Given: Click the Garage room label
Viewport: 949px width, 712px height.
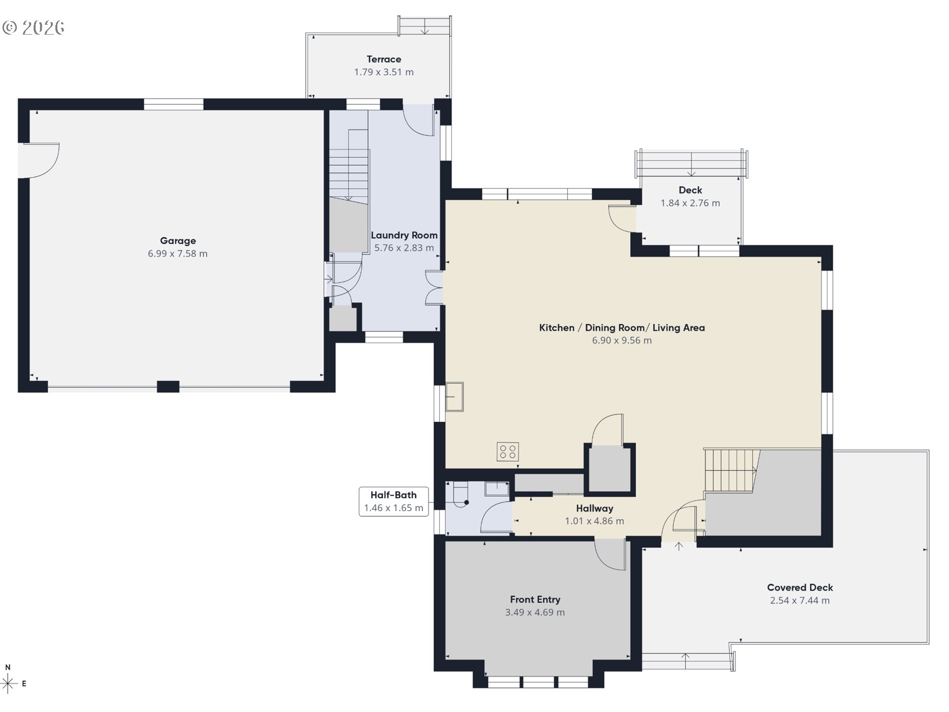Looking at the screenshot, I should click(x=178, y=241).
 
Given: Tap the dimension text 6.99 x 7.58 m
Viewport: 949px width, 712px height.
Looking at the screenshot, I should click(x=178, y=254).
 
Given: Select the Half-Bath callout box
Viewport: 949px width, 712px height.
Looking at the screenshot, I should click(x=393, y=501).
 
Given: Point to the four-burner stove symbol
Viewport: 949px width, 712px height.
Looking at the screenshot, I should click(x=508, y=452).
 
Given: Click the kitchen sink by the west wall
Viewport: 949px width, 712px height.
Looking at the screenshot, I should click(x=454, y=397).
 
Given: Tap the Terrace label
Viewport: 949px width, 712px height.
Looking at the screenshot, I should click(x=384, y=59).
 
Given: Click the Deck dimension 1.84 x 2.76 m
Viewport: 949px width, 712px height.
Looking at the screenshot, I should click(x=690, y=203).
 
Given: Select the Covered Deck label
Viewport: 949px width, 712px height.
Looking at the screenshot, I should click(x=800, y=587).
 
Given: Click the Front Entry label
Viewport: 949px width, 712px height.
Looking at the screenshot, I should click(x=535, y=599).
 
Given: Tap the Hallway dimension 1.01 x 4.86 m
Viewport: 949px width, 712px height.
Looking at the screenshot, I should click(x=594, y=521).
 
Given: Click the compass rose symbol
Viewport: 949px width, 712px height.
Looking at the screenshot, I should click(x=8, y=683).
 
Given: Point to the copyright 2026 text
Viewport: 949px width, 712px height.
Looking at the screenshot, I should click(x=34, y=28).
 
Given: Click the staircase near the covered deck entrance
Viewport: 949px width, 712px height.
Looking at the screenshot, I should click(x=730, y=471).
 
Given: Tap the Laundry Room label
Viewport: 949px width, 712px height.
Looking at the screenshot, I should click(x=404, y=235).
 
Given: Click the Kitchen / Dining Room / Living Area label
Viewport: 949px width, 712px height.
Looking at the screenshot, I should click(x=622, y=328).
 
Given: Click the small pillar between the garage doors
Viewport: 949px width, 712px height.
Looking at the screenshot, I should click(x=168, y=386).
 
